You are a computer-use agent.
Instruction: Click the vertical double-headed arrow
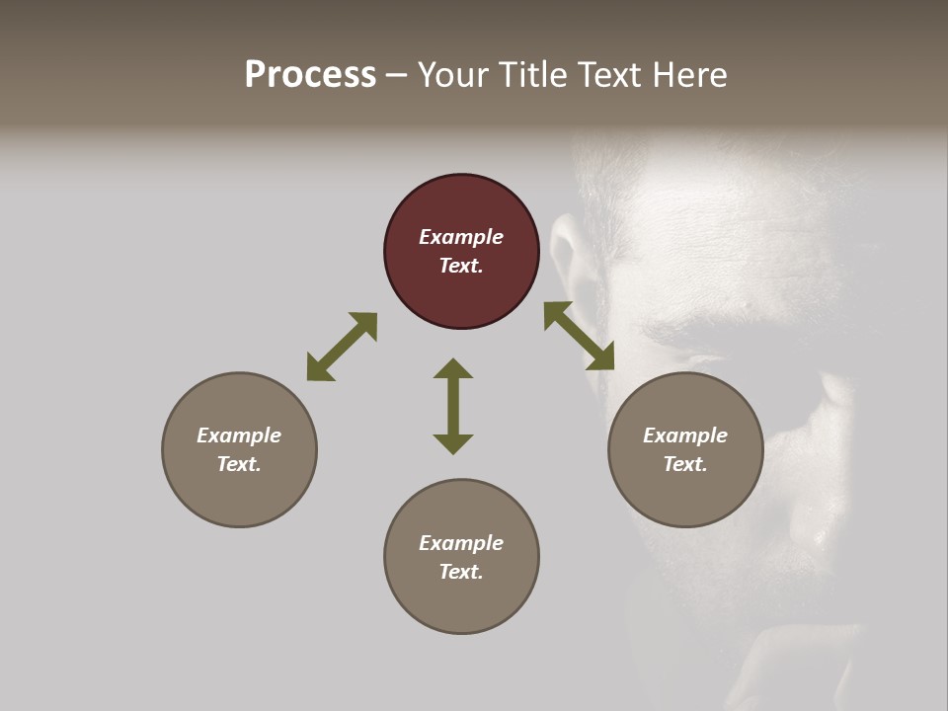point(453,406)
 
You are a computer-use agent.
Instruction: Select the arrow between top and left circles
point(342,347)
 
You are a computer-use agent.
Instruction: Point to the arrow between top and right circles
point(579,336)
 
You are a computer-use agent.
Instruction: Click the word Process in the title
point(310,75)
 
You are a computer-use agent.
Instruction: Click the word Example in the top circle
point(461,237)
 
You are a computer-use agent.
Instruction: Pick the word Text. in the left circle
point(239,464)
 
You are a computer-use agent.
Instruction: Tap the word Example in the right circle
point(685,435)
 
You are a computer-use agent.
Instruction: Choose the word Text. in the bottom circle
point(461,572)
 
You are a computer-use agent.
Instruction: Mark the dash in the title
point(397,75)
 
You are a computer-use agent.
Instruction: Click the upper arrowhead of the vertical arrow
point(453,369)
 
